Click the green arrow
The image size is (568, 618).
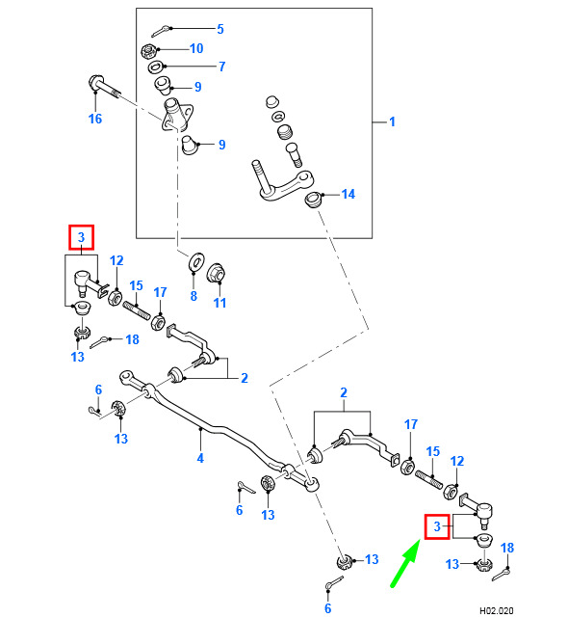pos(404,564)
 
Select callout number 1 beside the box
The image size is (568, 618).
pos(392,121)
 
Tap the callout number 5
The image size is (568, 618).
pos(220,29)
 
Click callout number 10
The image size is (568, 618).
pos(196,48)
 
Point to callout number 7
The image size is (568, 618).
pos(222,67)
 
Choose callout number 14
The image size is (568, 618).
pos(348,195)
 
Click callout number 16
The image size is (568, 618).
pos(95,119)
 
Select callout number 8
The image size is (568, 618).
pos(194,296)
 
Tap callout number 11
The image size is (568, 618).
pos(219,303)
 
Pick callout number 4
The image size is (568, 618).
pos(200,458)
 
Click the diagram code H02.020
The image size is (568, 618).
pos(497,611)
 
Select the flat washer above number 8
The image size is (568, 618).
pos(195,261)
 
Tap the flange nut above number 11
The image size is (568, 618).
pos(216,272)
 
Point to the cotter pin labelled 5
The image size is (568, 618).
pos(162,30)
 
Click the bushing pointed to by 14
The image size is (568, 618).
pos(314,199)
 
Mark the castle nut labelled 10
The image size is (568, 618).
pos(149,52)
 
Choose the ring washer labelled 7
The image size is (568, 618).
pos(156,67)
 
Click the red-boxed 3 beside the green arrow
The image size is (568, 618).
pos(437,526)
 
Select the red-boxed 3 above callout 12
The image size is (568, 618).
pos(82,237)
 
